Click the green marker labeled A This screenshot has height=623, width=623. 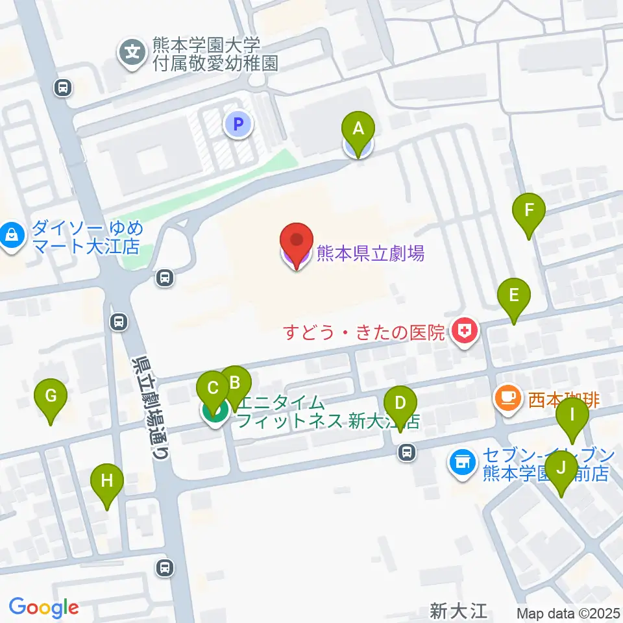pos(358,129)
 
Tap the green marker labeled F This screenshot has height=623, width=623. pos(529,211)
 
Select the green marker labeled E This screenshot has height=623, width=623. pos(513,296)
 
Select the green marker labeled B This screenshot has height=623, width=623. pos(235,383)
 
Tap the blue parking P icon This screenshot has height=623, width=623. pos(238,123)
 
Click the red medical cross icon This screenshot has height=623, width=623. pos(465,332)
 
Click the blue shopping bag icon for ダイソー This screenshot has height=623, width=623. pos(13,236)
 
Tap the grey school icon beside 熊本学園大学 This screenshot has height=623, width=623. pos(133,52)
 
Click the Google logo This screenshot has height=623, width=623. pos(43,608)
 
